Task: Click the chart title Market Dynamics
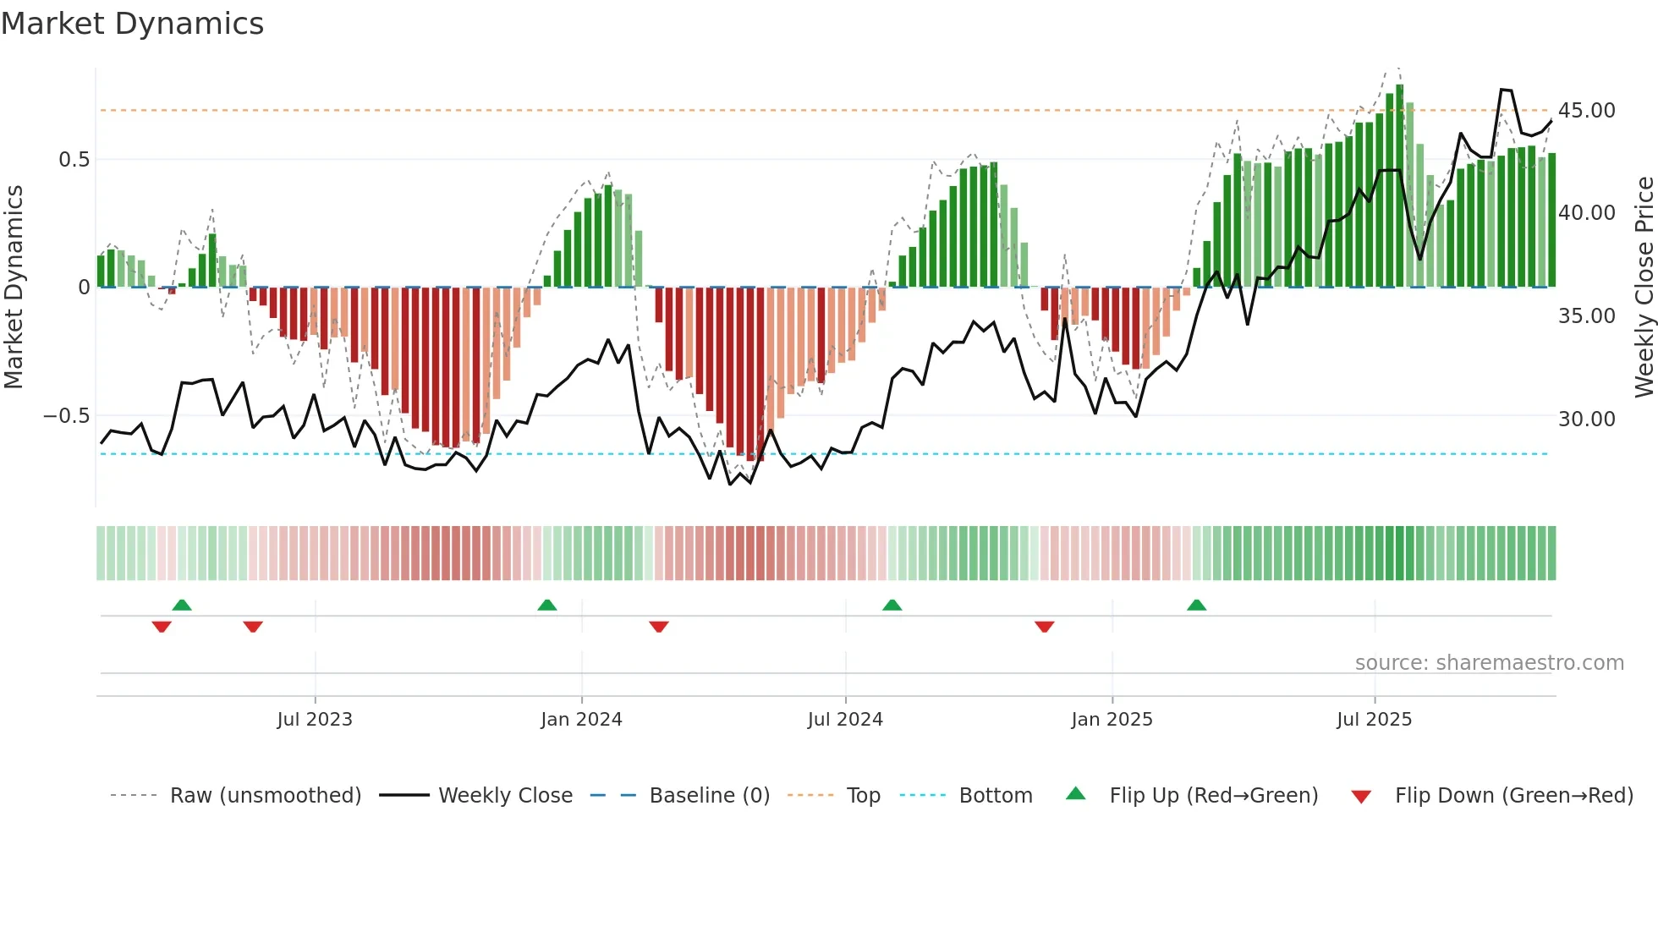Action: point(133,24)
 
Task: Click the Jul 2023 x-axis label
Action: point(315,720)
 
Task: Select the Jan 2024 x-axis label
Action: point(581,720)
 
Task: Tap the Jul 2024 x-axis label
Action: point(845,720)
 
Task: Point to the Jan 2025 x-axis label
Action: point(1112,720)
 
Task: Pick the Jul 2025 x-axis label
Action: point(1375,720)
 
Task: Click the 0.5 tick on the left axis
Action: point(74,160)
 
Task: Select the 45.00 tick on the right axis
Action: point(1587,111)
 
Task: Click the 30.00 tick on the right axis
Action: point(1587,419)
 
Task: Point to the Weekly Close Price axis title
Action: point(1644,288)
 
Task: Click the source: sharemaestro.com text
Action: point(1489,663)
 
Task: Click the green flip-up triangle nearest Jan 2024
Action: point(547,605)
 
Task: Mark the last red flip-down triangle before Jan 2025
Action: point(1045,627)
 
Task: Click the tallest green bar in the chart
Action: point(1400,186)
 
